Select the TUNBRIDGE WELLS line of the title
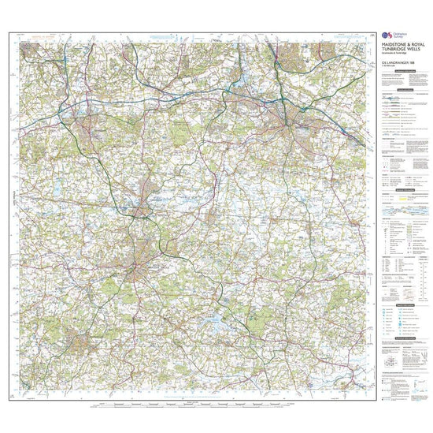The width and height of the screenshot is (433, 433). point(401,50)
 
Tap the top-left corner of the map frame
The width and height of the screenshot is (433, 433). point(9,32)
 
